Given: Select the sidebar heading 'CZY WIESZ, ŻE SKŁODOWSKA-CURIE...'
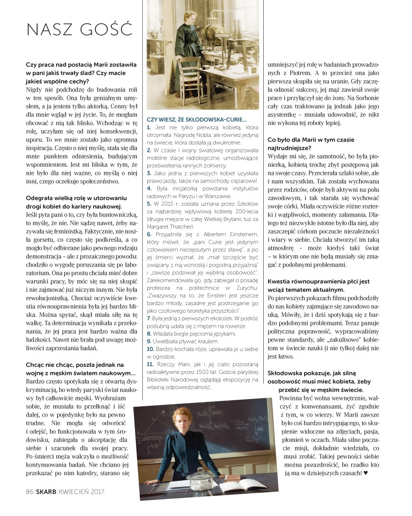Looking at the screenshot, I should (196, 120).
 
